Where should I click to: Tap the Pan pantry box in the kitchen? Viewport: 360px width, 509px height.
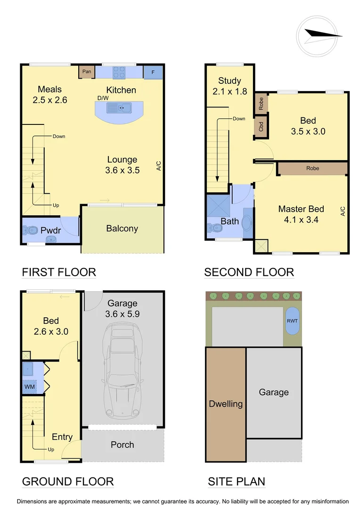(x=87, y=72)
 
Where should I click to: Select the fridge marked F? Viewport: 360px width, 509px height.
(x=153, y=72)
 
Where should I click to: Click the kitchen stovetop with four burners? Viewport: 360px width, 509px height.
(x=119, y=72)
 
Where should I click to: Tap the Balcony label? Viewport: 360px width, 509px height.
(x=122, y=229)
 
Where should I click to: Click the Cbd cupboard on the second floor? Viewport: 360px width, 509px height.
(x=261, y=126)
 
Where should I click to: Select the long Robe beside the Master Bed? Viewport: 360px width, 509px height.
(x=312, y=168)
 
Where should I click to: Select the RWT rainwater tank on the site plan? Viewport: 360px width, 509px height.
(x=292, y=321)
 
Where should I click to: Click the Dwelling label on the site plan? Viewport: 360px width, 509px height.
(x=226, y=404)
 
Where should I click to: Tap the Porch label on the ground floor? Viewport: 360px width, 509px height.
(x=122, y=444)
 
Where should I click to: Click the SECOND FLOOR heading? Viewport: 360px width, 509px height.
(x=249, y=272)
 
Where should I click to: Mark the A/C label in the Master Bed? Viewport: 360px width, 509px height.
(x=342, y=211)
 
